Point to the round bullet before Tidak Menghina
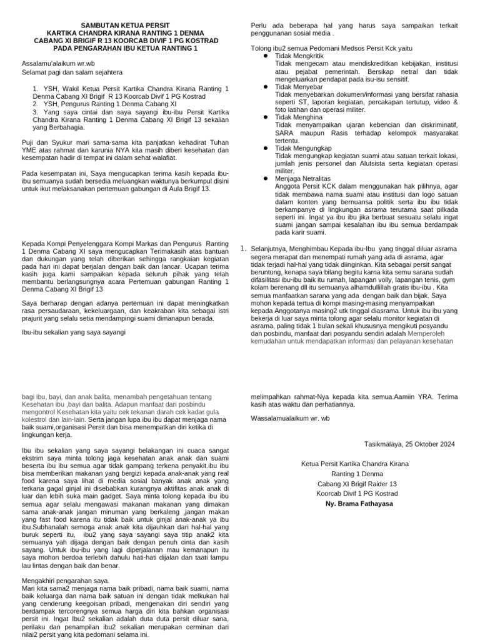coord(266,116)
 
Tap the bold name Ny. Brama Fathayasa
coord(354,503)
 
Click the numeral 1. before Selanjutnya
coord(244,248)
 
